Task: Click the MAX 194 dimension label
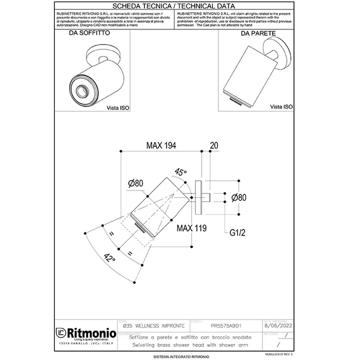[161, 145]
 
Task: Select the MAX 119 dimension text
[191, 228]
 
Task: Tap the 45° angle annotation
[181, 172]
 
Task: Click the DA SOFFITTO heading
[89, 34]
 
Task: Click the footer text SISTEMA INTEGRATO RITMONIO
[178, 356]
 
